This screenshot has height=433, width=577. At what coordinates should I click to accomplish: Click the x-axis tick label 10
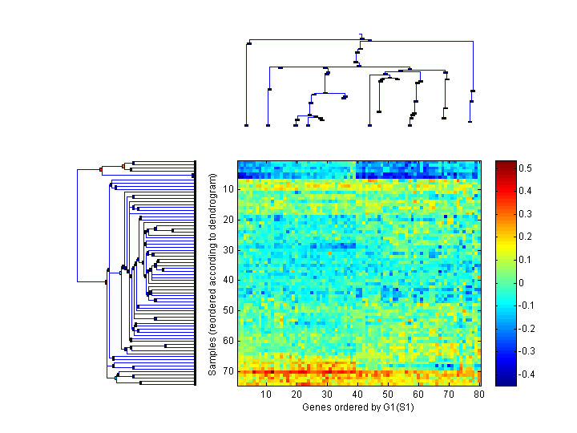click(x=266, y=395)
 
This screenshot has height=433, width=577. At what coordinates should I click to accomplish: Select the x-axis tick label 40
click(x=357, y=395)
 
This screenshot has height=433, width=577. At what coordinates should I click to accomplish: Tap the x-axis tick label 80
click(x=478, y=395)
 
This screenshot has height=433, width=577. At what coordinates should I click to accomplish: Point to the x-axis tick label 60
click(x=418, y=395)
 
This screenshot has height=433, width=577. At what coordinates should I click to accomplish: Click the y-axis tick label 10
click(x=228, y=188)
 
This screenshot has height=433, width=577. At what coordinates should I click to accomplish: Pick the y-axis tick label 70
click(x=228, y=371)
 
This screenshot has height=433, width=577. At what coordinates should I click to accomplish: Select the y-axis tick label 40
click(x=228, y=280)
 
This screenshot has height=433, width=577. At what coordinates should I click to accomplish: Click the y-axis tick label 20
click(x=228, y=219)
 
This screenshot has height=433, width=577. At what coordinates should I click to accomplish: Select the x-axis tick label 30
click(x=327, y=395)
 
